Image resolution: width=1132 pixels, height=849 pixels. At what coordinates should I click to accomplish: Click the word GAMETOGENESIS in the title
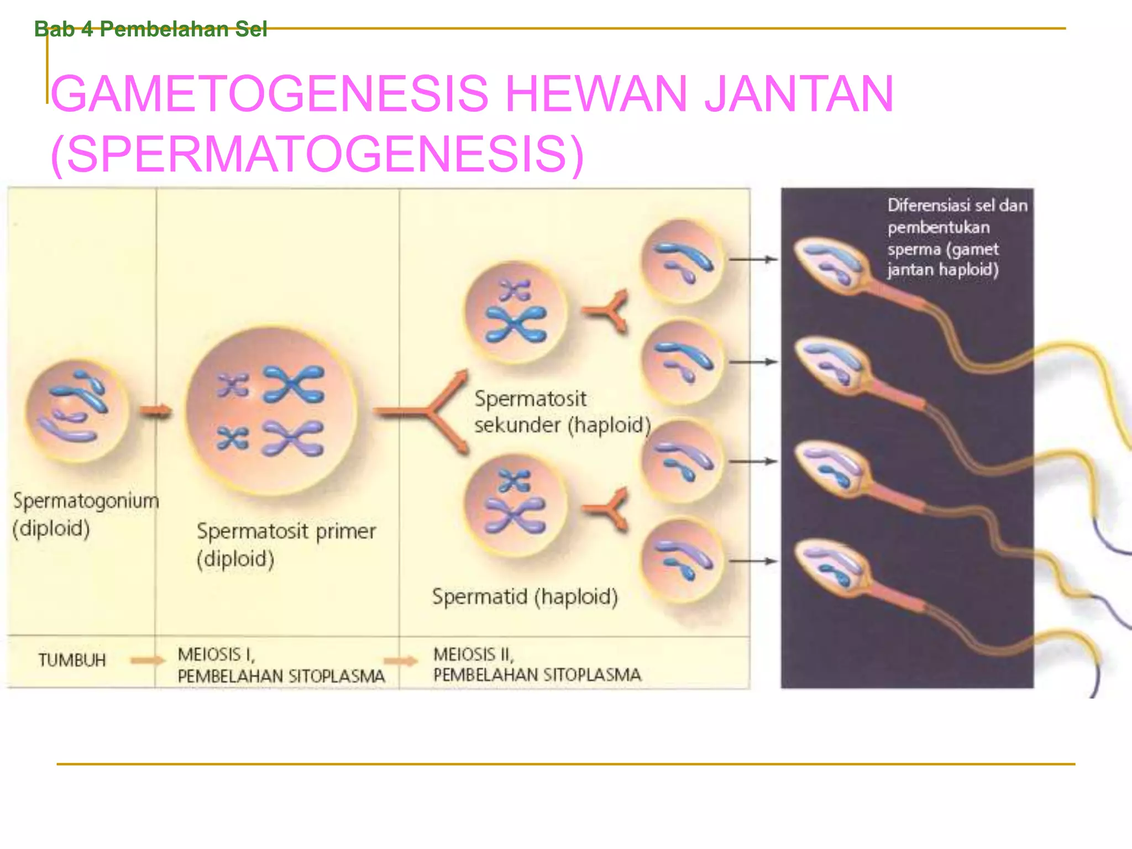tap(270, 94)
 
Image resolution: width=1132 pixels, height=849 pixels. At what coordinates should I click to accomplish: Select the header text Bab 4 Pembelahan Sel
tap(150, 29)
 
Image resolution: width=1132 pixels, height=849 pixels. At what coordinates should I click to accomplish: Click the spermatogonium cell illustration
tap(77, 410)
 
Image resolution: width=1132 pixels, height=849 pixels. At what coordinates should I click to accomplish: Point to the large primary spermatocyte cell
tap(271, 410)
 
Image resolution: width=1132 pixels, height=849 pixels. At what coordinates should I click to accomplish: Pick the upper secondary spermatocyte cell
tap(515, 312)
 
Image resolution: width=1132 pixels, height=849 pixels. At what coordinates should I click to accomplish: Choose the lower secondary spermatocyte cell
tap(515, 505)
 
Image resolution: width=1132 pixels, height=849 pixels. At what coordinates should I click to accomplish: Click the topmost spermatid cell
tap(682, 261)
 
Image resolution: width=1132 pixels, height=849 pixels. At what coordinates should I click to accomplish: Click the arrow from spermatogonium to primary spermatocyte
tap(155, 411)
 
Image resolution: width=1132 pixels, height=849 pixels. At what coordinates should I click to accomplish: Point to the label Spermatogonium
tap(86, 501)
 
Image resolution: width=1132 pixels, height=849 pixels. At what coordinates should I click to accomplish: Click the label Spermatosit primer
tap(286, 531)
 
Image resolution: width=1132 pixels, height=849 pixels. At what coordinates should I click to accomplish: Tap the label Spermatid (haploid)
tap(525, 597)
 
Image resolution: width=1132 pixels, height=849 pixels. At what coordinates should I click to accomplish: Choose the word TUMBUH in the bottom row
tap(72, 660)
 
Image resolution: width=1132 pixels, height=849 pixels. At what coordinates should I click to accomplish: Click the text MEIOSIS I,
tap(216, 654)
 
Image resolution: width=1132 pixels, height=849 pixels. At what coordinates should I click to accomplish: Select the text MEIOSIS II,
tap(474, 654)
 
